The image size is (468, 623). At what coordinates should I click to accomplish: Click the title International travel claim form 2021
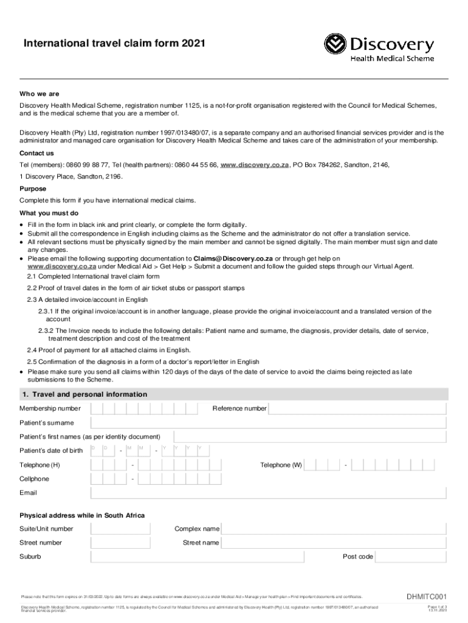[119, 44]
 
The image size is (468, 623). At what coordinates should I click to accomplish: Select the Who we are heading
[40, 94]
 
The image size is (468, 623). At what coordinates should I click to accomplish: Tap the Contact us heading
[36, 153]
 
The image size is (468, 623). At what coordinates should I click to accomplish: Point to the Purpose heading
[33, 189]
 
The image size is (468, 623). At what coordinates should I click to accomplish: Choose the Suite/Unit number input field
[120, 529]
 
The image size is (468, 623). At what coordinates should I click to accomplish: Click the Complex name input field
[335, 529]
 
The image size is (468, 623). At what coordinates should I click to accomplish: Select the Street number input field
[120, 543]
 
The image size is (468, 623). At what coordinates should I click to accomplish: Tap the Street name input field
[335, 543]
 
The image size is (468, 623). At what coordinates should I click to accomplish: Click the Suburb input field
[210, 557]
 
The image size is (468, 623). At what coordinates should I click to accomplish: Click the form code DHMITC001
[427, 597]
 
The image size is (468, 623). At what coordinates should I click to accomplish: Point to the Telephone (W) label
[281, 465]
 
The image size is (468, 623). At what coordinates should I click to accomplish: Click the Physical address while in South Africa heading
[82, 515]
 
